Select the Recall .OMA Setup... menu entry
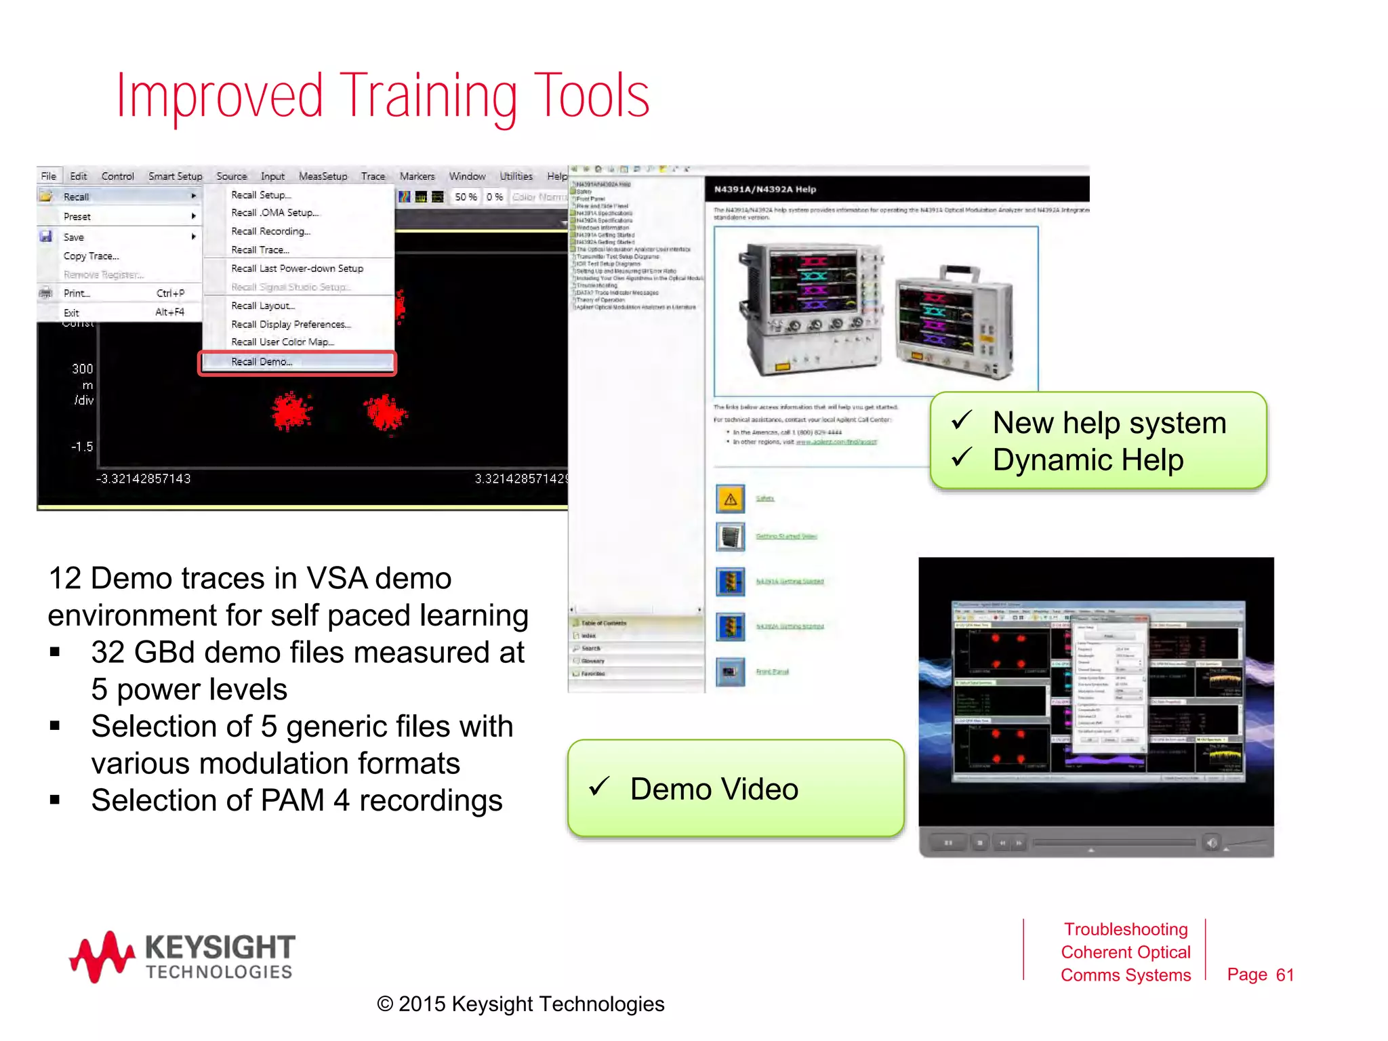pos(274,213)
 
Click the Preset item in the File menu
pos(77,217)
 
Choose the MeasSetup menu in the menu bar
pos(323,176)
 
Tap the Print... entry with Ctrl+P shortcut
pos(77,293)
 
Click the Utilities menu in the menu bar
pos(516,176)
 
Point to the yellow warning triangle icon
pos(731,499)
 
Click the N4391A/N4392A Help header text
pos(764,189)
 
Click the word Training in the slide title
pos(428,97)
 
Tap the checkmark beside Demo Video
pos(599,786)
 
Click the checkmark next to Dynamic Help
pos(961,457)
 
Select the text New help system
pos(1109,423)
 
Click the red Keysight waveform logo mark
pos(102,956)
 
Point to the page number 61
pos(1284,975)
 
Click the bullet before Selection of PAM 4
pos(56,800)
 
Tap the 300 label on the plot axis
pos(83,369)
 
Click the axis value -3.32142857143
pos(143,478)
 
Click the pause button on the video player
pos(948,843)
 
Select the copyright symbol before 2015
pos(385,1004)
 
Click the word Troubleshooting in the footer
pos(1125,929)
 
